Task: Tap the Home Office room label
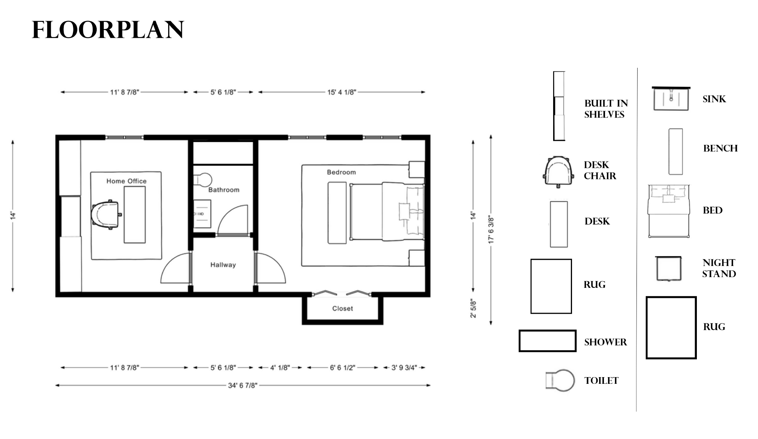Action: click(126, 181)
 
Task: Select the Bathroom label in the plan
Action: click(224, 190)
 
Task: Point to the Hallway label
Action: click(223, 265)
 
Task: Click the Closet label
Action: click(342, 308)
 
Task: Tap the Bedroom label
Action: click(341, 172)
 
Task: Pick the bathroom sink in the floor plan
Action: click(202, 214)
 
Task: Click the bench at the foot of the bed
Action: click(337, 213)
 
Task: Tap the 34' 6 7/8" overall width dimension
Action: click(243, 385)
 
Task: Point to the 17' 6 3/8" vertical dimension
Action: click(491, 230)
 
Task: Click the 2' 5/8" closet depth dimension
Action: click(473, 308)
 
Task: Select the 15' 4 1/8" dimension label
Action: click(342, 92)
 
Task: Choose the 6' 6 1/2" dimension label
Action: click(342, 368)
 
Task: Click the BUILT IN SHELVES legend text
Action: click(606, 109)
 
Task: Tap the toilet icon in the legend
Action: click(560, 380)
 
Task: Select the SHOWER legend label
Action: click(605, 342)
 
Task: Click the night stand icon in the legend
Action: click(668, 269)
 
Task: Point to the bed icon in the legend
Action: click(669, 211)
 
